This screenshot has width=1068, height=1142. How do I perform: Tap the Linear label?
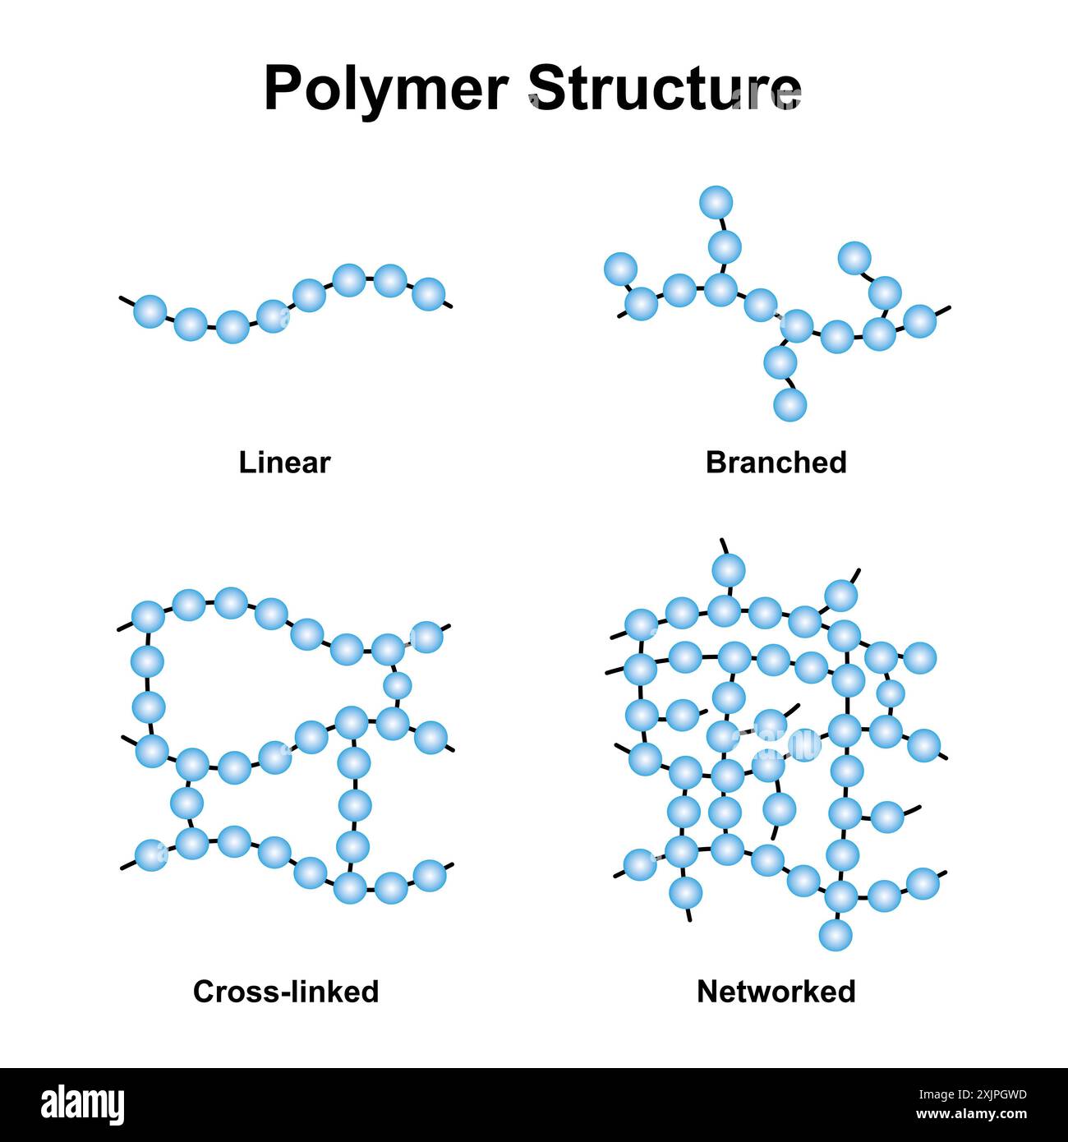coord(284,463)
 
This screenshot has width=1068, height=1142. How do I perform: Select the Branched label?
coord(776,463)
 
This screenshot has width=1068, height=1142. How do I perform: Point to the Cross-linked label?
coord(286,992)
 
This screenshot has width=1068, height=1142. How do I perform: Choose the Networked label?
coord(776,992)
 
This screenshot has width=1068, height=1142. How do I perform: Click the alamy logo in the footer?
coord(82,1104)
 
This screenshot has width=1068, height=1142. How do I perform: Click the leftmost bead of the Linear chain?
coord(150,311)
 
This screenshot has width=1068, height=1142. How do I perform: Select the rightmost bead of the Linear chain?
coord(429,293)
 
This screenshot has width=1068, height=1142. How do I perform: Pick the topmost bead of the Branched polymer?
coord(716,201)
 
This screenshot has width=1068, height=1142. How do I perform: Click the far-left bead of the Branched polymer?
coord(620,269)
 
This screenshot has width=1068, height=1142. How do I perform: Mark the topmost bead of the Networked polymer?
coord(729,569)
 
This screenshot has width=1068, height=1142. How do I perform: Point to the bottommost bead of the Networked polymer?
coord(836,935)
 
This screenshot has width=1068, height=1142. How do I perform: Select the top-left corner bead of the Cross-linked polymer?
coord(148,616)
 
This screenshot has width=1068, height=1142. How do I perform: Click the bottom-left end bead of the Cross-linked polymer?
coord(150,855)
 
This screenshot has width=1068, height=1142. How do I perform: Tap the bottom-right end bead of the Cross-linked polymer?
coord(429,876)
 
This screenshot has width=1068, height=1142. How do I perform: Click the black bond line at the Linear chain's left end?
coord(127,301)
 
